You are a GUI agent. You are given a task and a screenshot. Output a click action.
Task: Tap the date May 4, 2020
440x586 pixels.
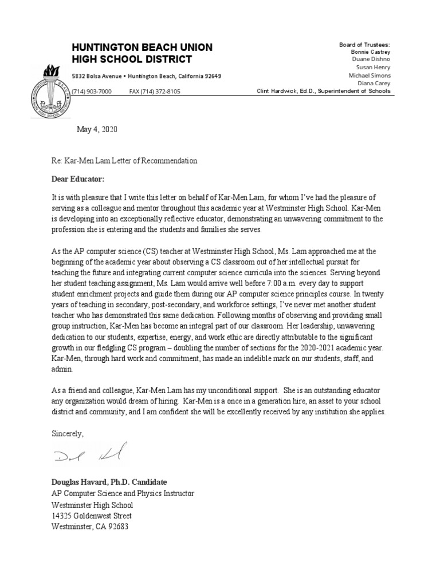97,130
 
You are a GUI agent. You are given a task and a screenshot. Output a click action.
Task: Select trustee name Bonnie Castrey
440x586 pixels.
371,52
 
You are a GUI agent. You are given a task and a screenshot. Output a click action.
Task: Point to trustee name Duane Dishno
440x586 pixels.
371,60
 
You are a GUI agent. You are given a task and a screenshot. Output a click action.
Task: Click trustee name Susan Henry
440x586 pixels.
373,68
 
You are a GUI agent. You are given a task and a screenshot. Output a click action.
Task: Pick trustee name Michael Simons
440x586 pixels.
370,76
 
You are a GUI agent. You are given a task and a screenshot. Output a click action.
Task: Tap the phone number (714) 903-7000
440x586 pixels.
91,92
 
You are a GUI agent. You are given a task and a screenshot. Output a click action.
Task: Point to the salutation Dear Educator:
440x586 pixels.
78,179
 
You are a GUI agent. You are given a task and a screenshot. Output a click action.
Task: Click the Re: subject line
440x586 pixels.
124,161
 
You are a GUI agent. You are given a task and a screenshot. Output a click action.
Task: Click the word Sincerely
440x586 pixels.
67,433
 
